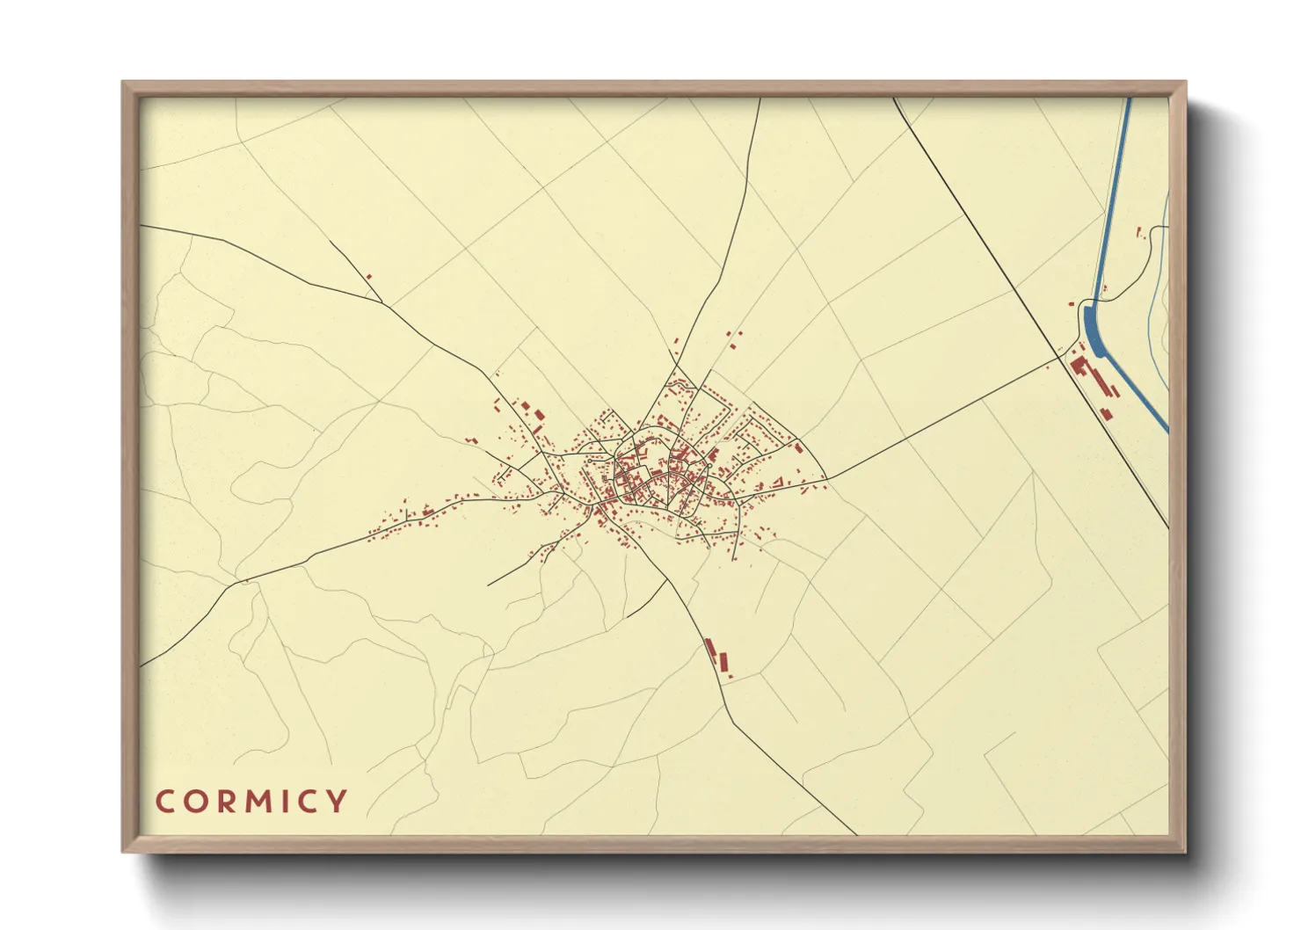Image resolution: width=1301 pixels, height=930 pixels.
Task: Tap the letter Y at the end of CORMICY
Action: (336, 802)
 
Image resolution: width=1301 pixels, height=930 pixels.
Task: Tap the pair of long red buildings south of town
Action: (718, 658)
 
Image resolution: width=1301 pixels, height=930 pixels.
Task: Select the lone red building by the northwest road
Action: (368, 277)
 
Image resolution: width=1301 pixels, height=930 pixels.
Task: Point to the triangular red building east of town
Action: (798, 447)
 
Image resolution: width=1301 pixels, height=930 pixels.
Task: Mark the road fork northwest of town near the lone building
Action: (382, 303)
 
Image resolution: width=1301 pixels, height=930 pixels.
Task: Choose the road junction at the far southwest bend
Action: (236, 581)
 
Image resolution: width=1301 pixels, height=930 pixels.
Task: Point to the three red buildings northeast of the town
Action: (733, 340)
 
